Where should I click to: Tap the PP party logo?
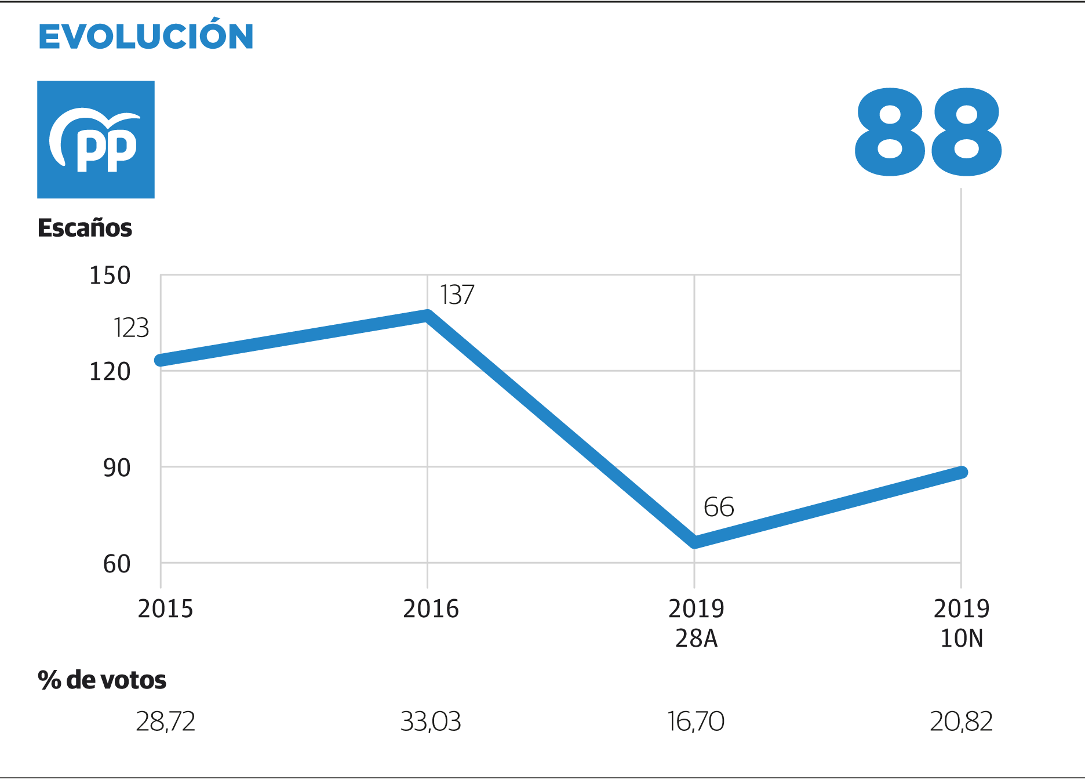[x=96, y=139]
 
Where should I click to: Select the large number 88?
[x=927, y=132]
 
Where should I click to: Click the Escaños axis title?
[x=85, y=228]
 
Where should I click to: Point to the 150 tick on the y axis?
[x=110, y=275]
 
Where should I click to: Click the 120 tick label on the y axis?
[x=110, y=371]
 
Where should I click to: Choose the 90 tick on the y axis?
[x=116, y=467]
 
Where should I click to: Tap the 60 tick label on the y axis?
[x=116, y=564]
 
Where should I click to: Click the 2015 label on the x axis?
[x=165, y=609]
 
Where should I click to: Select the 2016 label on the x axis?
[x=431, y=609]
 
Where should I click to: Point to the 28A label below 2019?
[x=696, y=639]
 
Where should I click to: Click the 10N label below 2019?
[x=962, y=639]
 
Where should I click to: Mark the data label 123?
[x=131, y=328]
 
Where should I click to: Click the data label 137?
[x=457, y=295]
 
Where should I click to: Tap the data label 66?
[x=719, y=507]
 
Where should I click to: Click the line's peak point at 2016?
[x=428, y=316]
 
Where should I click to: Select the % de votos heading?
[x=102, y=680]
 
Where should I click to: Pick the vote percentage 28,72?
[x=165, y=722]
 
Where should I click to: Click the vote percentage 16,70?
[x=696, y=722]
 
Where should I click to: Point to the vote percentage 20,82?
[x=961, y=722]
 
